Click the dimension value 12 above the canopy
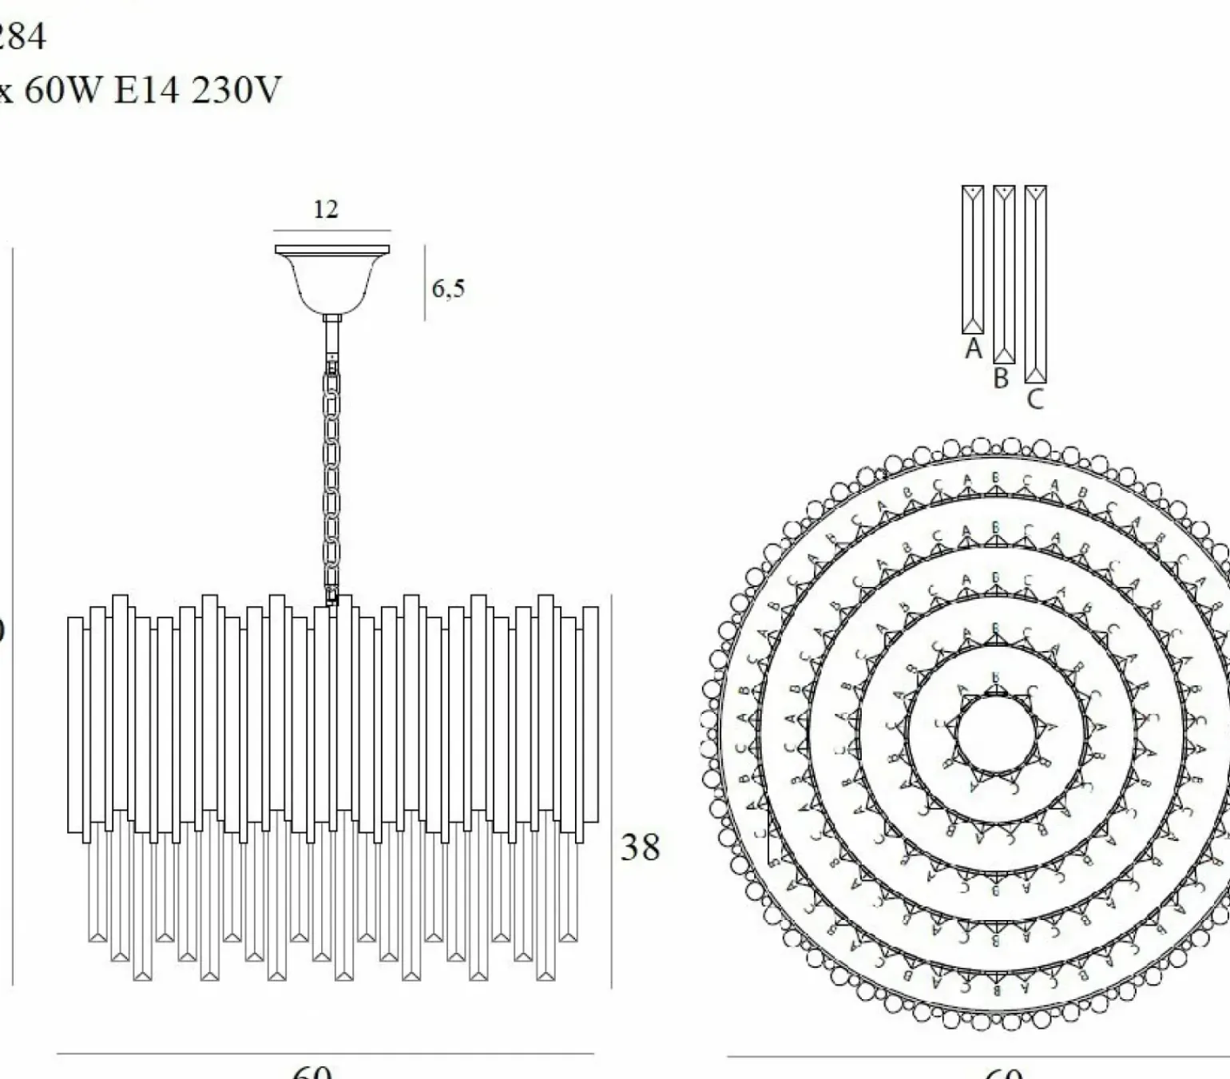[326, 209]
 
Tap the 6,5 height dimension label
[448, 288]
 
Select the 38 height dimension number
[641, 847]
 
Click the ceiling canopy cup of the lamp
[332, 280]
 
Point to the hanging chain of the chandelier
[331, 479]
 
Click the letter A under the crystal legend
[973, 349]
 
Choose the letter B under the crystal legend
[1002, 378]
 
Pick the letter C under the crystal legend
[1035, 399]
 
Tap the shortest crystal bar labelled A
[972, 260]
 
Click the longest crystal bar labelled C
[1035, 284]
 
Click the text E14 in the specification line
[147, 90]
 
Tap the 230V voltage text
[236, 90]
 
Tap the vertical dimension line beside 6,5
[425, 282]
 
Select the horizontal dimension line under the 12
[332, 230]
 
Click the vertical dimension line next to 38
[612, 791]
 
